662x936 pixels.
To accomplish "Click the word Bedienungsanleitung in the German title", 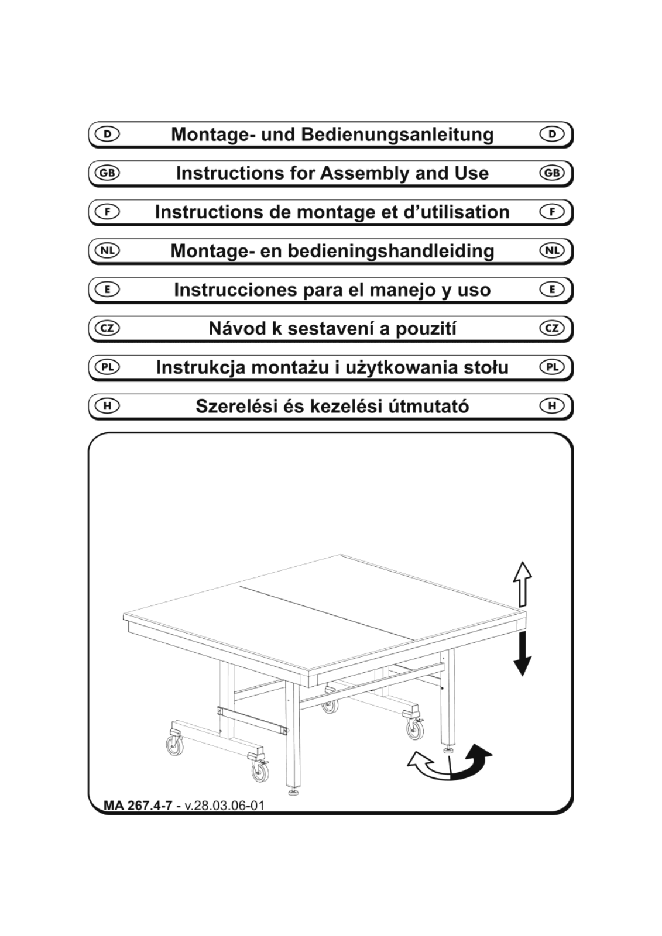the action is pos(397,135).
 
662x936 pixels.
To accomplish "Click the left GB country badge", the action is pos(108,173).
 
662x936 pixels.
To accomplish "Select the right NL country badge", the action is pos(553,251).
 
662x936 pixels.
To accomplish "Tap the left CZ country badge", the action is pos(108,328).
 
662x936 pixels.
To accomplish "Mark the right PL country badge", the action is pos(553,367).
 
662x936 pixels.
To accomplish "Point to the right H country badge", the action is pos(553,406).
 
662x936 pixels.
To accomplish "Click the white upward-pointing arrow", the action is pos(522,584).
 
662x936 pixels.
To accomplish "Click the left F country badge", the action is pos(108,212).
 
